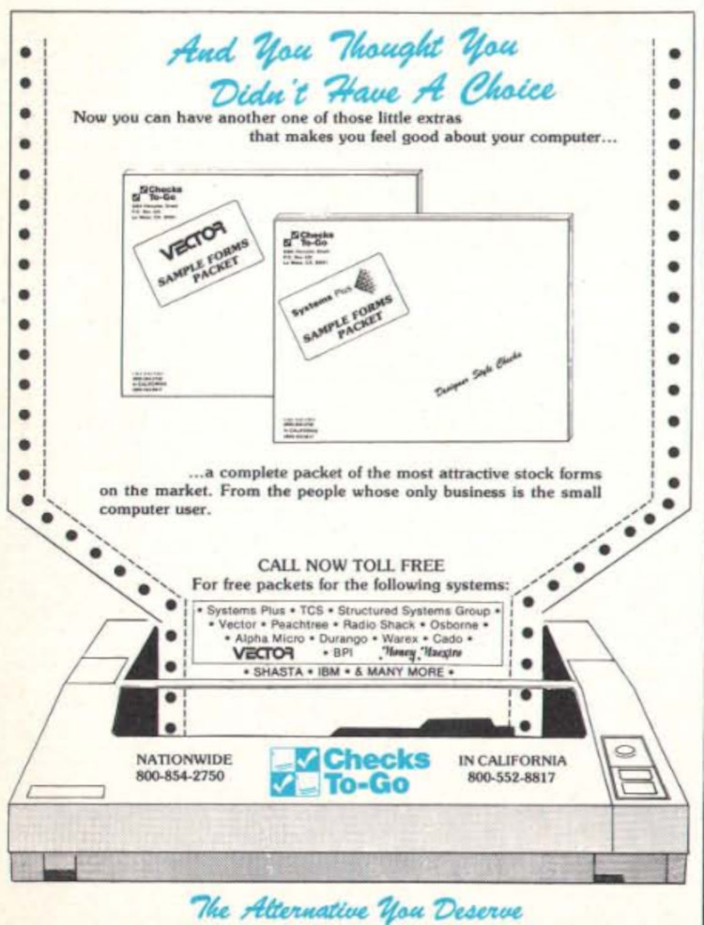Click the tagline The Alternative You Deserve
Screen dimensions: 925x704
tap(352, 896)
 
